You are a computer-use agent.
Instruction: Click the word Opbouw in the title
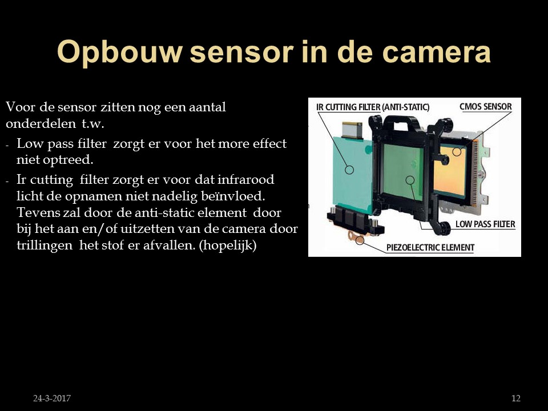click(x=119, y=53)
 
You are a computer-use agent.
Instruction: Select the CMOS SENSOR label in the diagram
click(x=485, y=107)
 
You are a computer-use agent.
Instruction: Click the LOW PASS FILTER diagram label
click(x=485, y=224)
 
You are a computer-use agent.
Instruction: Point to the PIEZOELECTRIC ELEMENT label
click(x=430, y=247)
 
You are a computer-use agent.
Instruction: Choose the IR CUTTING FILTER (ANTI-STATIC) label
click(x=373, y=107)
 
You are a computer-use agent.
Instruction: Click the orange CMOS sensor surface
click(x=450, y=171)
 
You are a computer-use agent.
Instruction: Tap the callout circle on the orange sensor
click(x=457, y=152)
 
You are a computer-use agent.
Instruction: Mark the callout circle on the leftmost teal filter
click(x=349, y=170)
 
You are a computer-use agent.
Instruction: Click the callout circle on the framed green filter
click(x=410, y=180)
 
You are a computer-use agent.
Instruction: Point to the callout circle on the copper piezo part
click(x=360, y=240)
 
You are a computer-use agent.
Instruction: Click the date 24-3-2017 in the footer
click(x=52, y=398)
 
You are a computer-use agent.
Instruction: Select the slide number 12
click(x=516, y=398)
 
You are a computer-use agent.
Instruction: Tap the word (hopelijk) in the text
click(x=228, y=245)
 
